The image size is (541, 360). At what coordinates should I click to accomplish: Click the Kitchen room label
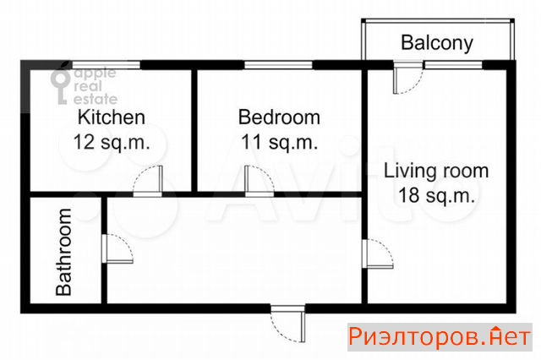pyautogui.click(x=111, y=117)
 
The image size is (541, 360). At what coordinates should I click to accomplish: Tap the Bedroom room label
pyautogui.click(x=279, y=117)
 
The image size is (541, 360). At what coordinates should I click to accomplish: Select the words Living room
pyautogui.click(x=436, y=171)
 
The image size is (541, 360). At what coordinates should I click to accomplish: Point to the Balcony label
pyautogui.click(x=437, y=43)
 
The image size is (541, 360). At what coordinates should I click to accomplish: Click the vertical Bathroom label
pyautogui.click(x=64, y=252)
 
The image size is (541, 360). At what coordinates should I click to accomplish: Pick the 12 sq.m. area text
pyautogui.click(x=112, y=142)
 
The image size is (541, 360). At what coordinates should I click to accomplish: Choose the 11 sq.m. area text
pyautogui.click(x=279, y=142)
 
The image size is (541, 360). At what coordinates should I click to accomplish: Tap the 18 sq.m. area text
pyautogui.click(x=436, y=195)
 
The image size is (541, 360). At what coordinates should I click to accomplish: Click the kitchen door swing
pyautogui.click(x=148, y=180)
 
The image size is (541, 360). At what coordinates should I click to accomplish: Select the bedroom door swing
pyautogui.click(x=260, y=180)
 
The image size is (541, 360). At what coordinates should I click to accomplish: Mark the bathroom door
pyautogui.click(x=117, y=248)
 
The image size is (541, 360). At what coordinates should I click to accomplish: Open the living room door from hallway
pyautogui.click(x=378, y=254)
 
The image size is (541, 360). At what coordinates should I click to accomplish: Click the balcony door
pyautogui.click(x=408, y=78)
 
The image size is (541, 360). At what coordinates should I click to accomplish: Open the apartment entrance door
pyautogui.click(x=287, y=324)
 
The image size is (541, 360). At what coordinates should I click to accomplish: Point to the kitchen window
pyautogui.click(x=106, y=65)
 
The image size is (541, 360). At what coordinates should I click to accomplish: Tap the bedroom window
pyautogui.click(x=278, y=65)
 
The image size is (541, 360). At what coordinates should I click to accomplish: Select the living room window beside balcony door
pyautogui.click(x=453, y=65)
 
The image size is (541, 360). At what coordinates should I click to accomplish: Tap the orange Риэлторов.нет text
pyautogui.click(x=440, y=336)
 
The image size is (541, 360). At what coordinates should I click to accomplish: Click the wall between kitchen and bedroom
pyautogui.click(x=194, y=130)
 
